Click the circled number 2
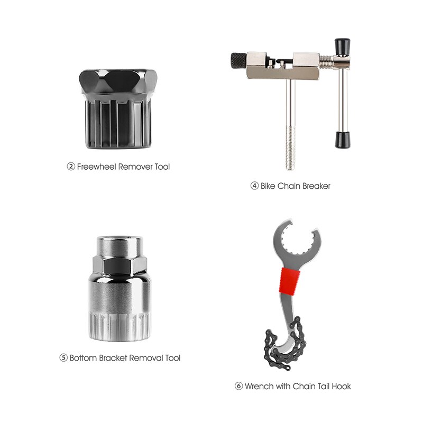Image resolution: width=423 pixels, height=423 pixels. [71, 167]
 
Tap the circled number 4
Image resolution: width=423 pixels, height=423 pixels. [255, 186]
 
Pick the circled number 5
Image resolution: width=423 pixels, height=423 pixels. [63, 358]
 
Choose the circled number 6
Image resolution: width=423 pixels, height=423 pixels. [238, 387]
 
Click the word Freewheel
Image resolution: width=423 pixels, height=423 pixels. [97, 167]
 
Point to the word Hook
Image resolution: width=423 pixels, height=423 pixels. [341, 387]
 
